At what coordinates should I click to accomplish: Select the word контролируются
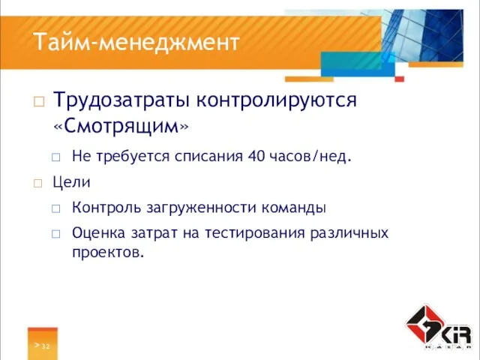click(x=275, y=100)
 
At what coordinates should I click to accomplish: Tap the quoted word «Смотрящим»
click(x=121, y=127)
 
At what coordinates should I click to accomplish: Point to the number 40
click(x=257, y=157)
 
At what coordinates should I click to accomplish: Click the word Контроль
click(x=105, y=207)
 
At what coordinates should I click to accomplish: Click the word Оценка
click(x=97, y=232)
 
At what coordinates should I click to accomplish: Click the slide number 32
click(x=46, y=345)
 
